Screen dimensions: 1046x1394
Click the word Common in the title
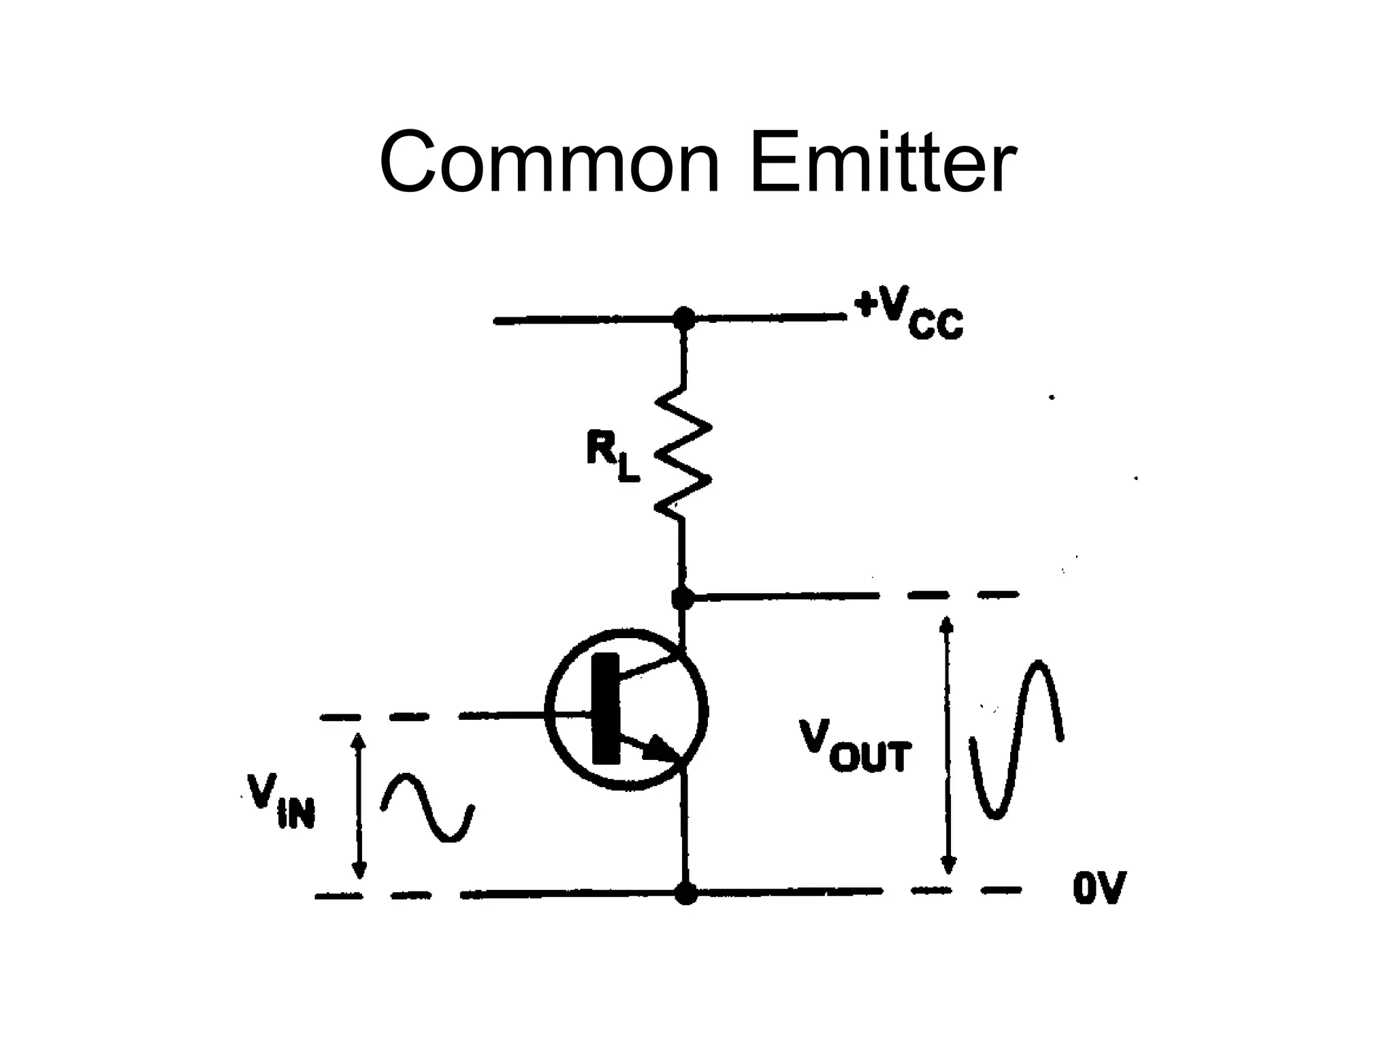[549, 164]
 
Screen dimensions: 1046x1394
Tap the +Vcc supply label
[909, 316]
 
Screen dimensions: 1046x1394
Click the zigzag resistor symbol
[683, 453]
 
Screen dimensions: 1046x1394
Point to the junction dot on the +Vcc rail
[683, 318]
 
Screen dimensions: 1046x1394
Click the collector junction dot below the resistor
[682, 598]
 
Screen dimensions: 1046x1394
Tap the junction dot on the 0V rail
[685, 892]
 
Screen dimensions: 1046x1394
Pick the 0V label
[1099, 889]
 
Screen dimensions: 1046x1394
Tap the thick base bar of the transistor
[606, 708]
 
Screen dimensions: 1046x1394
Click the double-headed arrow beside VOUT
[947, 745]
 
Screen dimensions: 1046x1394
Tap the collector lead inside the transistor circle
[650, 666]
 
